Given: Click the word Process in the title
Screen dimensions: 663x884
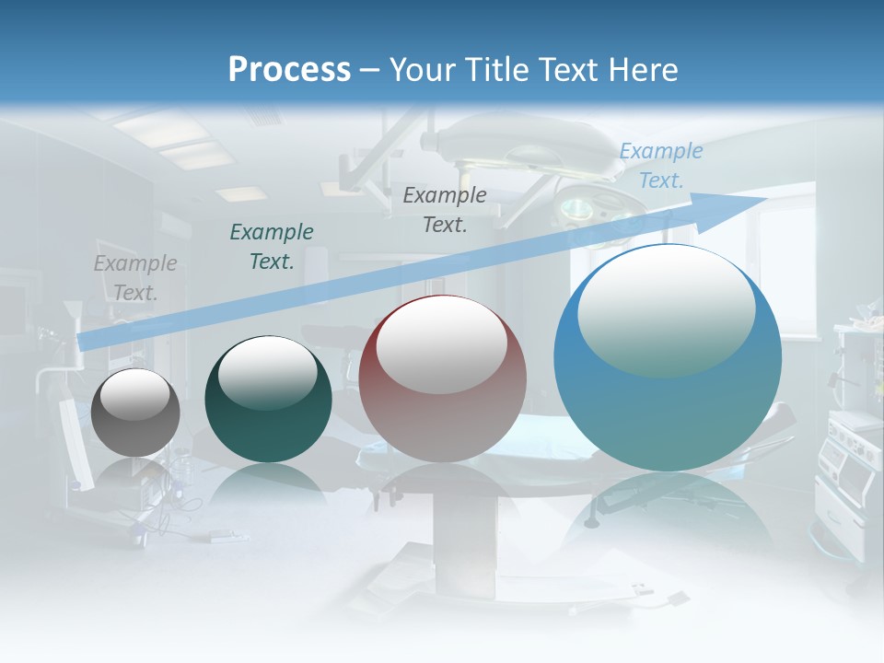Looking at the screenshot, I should click(289, 70).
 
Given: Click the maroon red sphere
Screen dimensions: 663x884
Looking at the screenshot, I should click(442, 379).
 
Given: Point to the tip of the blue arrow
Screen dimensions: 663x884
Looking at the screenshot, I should click(765, 197).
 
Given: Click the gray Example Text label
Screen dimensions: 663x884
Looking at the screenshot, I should click(135, 278).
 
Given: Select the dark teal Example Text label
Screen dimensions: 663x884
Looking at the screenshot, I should click(272, 247).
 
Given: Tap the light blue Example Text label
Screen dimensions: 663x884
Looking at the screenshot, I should click(661, 166).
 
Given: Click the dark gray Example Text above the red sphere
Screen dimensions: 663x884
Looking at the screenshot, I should click(445, 209).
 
